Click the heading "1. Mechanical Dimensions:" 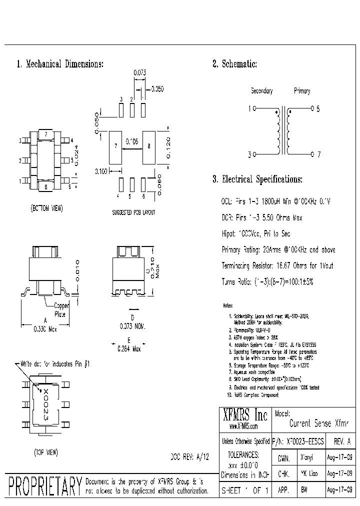coord(60,64)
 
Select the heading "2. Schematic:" coord(234,64)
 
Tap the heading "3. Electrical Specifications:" coord(257,179)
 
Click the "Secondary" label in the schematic coord(261,91)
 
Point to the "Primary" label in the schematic coord(302,91)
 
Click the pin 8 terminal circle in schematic coord(312,108)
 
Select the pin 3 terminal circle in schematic coord(254,154)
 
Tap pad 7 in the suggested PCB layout coord(115,147)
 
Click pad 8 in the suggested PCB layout coord(149,147)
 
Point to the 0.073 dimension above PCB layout coord(139,73)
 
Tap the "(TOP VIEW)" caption coord(46,452)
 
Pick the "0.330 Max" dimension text coord(45,329)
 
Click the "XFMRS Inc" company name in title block coord(244,415)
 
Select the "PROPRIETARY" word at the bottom coord(45,486)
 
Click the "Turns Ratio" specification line coord(267,282)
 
